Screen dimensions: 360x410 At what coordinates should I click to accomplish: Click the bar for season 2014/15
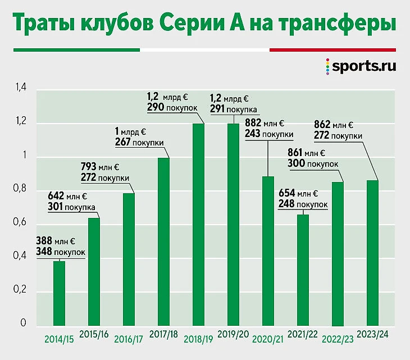coord(59,293)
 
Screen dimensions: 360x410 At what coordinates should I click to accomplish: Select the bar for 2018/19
coord(198,225)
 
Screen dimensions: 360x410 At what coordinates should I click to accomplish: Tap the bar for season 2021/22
coord(303,270)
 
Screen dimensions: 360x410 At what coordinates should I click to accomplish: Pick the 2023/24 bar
coord(372,253)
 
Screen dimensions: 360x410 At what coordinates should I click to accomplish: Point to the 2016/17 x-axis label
coord(129,339)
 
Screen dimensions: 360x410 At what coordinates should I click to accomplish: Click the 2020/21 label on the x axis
coord(268,339)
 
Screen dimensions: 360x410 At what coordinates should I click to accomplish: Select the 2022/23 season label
coord(338,339)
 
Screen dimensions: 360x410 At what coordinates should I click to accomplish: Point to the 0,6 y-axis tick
coord(21,224)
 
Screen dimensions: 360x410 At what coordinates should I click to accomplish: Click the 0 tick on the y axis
coord(23,323)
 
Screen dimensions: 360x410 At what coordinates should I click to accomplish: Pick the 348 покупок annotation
coord(61,252)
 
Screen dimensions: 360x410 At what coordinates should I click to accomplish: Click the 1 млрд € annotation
coord(130,131)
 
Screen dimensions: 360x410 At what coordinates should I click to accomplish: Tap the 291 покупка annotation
coord(233,110)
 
